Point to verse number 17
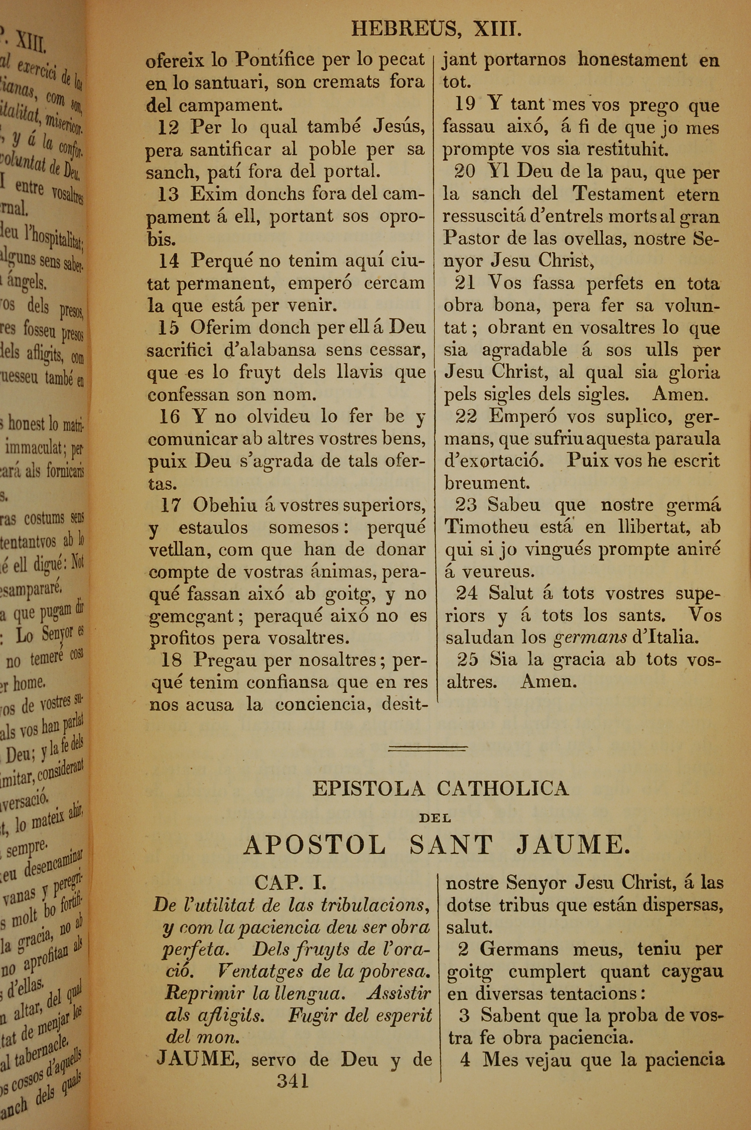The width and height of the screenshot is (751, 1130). [170, 505]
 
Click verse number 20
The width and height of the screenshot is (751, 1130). [464, 172]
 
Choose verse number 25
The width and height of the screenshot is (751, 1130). [467, 660]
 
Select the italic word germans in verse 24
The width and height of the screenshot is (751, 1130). [590, 638]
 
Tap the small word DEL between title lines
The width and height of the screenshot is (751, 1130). [435, 818]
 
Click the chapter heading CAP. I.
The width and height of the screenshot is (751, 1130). [291, 882]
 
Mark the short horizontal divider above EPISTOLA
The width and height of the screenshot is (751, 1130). [428, 747]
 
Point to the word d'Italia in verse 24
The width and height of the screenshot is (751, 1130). [662, 638]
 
